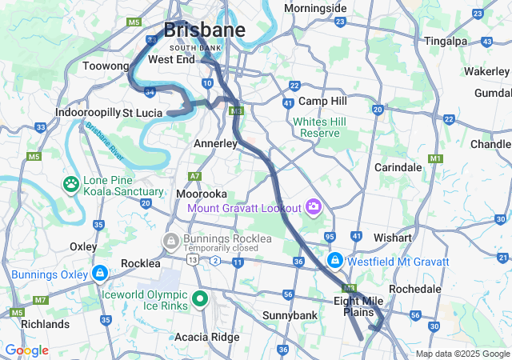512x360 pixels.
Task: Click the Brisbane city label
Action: (x=204, y=30)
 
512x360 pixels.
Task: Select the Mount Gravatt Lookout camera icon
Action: (x=313, y=208)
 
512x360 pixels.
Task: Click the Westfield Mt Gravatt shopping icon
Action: (x=337, y=262)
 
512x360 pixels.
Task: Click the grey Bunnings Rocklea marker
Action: (x=170, y=239)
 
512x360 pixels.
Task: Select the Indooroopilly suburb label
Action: (x=87, y=113)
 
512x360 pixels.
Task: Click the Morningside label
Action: (x=315, y=9)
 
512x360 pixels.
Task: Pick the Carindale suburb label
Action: (x=398, y=168)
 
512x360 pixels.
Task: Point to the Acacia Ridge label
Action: (x=206, y=337)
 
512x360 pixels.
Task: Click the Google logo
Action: (x=26, y=350)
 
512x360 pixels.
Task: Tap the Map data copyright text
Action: (x=462, y=354)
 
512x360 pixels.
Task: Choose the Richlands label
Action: (x=45, y=324)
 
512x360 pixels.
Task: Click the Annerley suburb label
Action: (x=216, y=143)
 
